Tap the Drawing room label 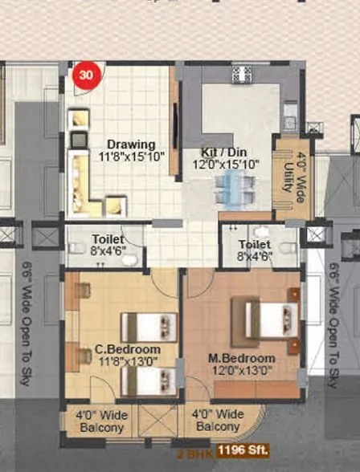[126, 144]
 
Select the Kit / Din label [224, 151]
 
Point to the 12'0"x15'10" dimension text [224, 165]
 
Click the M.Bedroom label [241, 357]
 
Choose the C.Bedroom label [127, 350]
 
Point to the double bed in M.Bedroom [265, 321]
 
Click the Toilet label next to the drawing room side [107, 238]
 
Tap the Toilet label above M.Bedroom [255, 244]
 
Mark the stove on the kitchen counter [240, 74]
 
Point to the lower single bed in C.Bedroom [149, 381]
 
